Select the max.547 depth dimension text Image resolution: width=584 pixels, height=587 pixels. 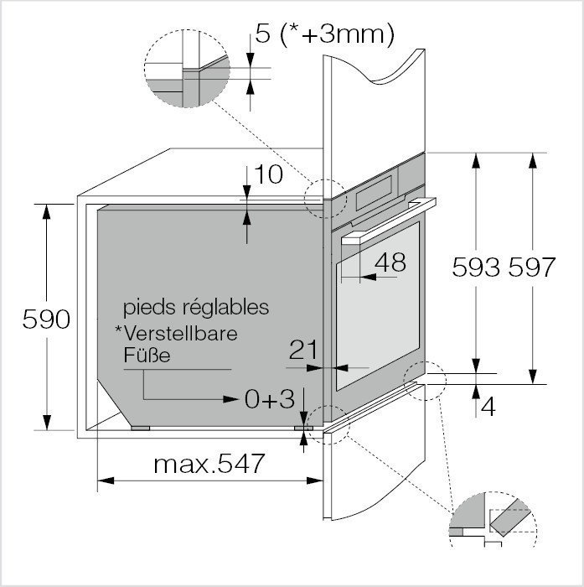[x=209, y=462]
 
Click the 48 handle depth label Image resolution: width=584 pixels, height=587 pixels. [x=390, y=262]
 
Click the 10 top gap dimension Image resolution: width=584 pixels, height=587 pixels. [x=268, y=174]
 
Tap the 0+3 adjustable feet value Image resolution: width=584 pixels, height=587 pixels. [x=270, y=400]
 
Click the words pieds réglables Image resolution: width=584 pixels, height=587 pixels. [x=196, y=307]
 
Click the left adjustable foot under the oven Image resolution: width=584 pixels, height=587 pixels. [x=141, y=427]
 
